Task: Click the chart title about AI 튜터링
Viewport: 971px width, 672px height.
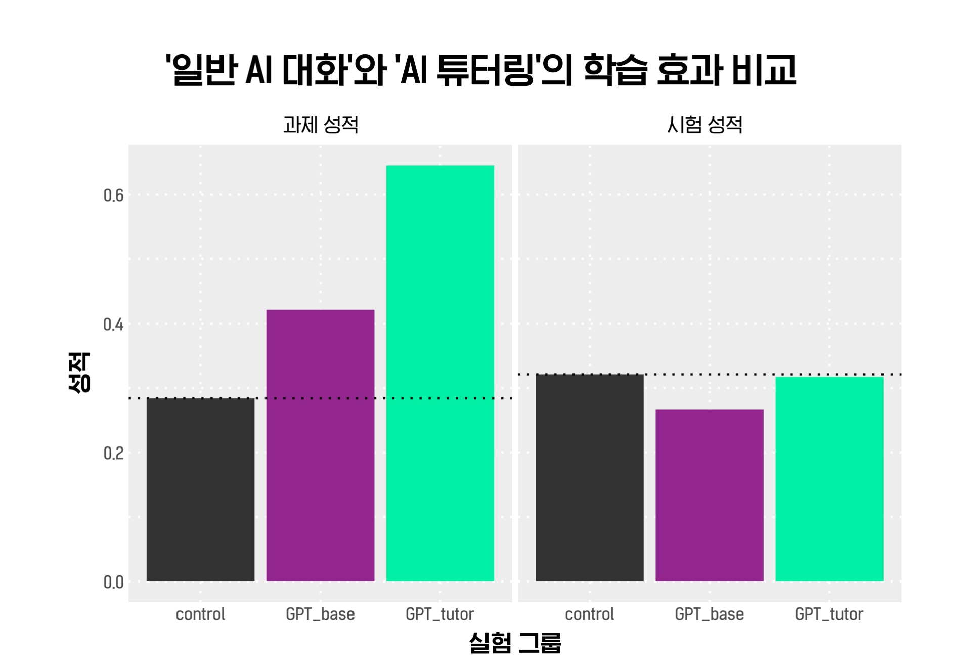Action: (481, 70)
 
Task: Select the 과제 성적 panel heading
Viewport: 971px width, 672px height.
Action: (321, 125)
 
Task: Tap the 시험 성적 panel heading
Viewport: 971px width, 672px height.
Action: (704, 125)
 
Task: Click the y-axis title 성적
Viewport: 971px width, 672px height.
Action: (79, 373)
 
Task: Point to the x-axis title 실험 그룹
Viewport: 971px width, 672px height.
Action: (515, 643)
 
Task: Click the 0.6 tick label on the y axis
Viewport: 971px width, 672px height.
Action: (113, 196)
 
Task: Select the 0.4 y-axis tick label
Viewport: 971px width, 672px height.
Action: (113, 325)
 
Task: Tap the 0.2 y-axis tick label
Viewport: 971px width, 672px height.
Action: (113, 453)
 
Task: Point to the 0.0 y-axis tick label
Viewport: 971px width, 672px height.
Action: (113, 582)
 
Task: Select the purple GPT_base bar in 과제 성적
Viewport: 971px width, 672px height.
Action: (320, 445)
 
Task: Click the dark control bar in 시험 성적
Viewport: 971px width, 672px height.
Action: (590, 477)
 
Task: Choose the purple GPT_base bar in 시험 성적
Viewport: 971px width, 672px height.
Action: (710, 495)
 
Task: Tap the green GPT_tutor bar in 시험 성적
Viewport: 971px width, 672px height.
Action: (829, 479)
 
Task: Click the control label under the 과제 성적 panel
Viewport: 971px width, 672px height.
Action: (200, 614)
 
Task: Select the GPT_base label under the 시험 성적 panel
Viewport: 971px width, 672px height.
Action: (710, 614)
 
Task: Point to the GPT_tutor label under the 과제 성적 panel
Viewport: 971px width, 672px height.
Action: (440, 614)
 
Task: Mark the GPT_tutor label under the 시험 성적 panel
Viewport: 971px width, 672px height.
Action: (829, 614)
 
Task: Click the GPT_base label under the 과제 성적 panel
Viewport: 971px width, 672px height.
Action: (320, 614)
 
